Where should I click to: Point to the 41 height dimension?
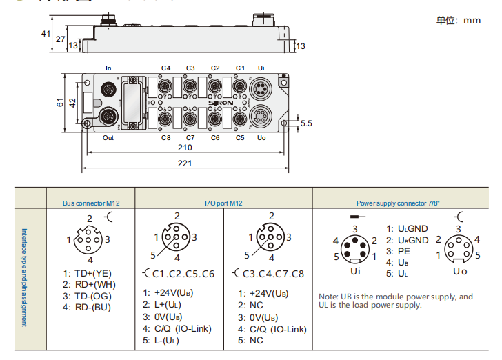pyautogui.click(x=46, y=33)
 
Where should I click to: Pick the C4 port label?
pyautogui.click(x=165, y=68)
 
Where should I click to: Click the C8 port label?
pyautogui.click(x=165, y=138)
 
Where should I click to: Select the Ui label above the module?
pyautogui.click(x=261, y=68)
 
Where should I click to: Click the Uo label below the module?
pyautogui.click(x=261, y=138)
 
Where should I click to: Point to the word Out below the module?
pyautogui.click(x=108, y=138)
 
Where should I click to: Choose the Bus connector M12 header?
pyautogui.click(x=90, y=203)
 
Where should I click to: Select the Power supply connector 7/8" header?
pyautogui.click(x=398, y=203)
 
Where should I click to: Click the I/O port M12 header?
pyautogui.click(x=223, y=203)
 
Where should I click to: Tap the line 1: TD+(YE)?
pyautogui.click(x=87, y=274)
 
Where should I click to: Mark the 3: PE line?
pyautogui.click(x=398, y=252)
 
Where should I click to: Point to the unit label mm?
pyautogui.click(x=472, y=20)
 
